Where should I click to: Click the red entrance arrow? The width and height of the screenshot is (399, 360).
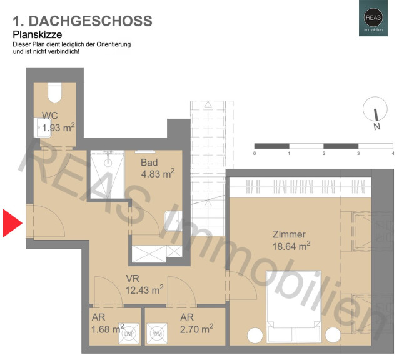[x=11, y=223]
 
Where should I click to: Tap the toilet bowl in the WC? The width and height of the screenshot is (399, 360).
[x=54, y=92]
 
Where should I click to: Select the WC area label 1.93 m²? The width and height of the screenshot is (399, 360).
[x=58, y=127]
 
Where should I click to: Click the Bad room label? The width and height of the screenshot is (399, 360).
[x=149, y=162]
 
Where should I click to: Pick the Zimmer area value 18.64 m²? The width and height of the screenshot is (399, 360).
[x=291, y=246]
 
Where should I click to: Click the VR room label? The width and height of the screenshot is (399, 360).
[x=133, y=279]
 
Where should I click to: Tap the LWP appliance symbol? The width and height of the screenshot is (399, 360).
[x=129, y=334]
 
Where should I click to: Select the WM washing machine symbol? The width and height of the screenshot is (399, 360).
[x=157, y=334]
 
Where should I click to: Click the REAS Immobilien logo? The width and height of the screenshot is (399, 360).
[x=373, y=18]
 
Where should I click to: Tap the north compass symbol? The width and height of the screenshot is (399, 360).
[x=375, y=109]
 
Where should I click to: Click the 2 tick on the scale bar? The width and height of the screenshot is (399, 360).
[x=324, y=153]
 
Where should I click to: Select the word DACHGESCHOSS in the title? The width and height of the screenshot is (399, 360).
[x=90, y=21]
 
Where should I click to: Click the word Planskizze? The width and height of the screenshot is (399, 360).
[x=38, y=34]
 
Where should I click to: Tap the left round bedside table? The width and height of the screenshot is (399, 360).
[x=255, y=336]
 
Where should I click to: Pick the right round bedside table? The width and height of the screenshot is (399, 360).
[x=333, y=336]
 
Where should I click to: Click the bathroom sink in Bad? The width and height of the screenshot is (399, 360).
[x=173, y=221]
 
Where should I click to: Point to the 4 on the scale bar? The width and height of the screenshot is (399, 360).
[x=393, y=153]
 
